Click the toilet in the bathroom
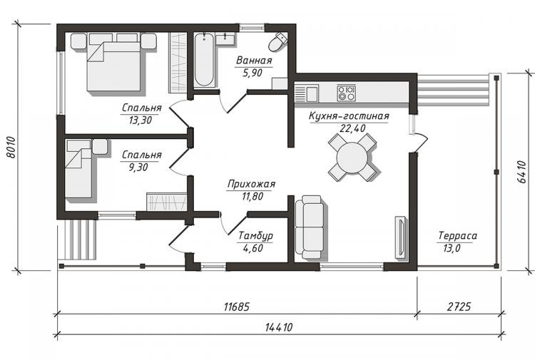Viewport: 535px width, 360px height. [277, 42]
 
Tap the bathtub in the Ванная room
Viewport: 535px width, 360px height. [204, 60]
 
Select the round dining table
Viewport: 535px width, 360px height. [352, 158]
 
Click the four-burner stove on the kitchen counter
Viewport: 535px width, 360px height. [346, 93]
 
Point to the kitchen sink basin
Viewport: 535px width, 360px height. [312, 94]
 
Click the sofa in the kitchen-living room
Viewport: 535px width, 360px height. [310, 227]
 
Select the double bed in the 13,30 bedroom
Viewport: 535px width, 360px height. [113, 62]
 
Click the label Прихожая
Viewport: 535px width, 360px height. [251, 184]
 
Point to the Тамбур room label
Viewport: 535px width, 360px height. [255, 236]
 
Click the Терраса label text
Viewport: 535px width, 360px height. [457, 235]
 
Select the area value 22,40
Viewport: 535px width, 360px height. [352, 128]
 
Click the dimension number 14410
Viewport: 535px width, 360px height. [279, 327]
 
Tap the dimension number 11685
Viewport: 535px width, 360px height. [237, 307]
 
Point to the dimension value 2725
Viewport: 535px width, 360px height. [459, 307]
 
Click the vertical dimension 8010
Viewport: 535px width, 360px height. [11, 148]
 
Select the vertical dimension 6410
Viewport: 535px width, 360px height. [522, 172]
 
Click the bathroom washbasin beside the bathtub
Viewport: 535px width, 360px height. [225, 39]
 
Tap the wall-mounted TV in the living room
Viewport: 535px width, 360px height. [401, 237]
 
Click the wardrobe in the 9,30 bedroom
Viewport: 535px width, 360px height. [166, 202]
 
